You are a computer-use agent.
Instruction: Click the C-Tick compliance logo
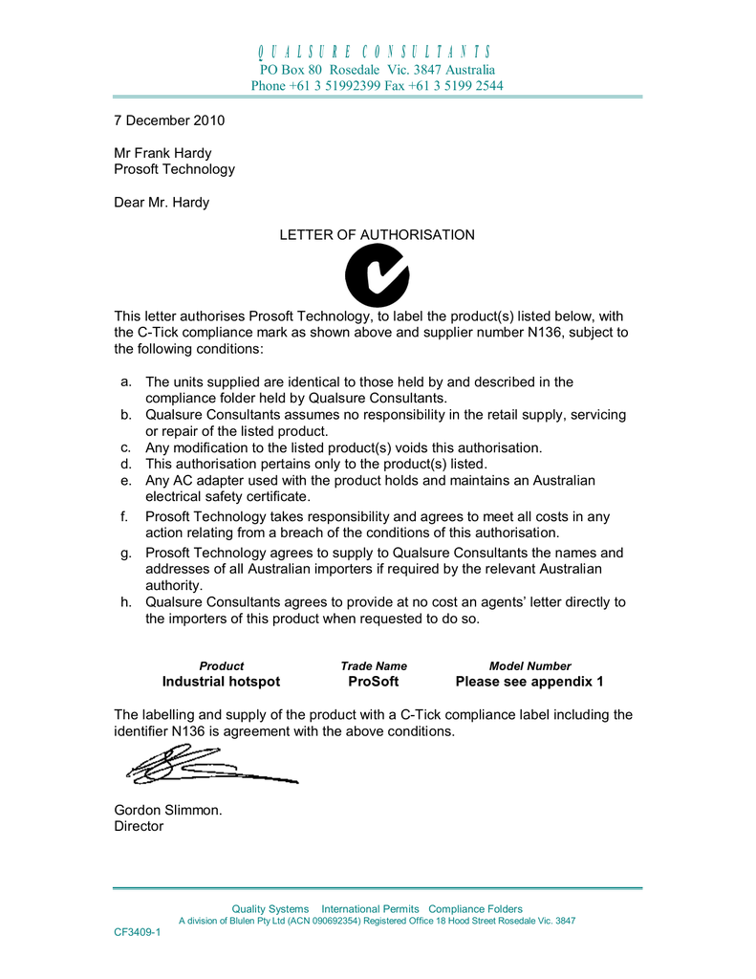point(377,275)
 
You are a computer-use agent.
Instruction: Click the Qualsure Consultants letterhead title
point(377,52)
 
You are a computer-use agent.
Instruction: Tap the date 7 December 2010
point(168,121)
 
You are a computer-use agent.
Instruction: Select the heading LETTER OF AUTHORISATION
point(377,234)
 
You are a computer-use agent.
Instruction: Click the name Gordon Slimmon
point(168,810)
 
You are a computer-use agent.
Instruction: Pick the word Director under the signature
point(139,826)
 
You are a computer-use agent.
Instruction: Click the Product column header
point(221,665)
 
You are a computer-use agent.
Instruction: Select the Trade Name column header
point(374,665)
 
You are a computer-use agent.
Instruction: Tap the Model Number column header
point(529,665)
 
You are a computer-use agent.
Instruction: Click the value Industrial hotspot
point(221,682)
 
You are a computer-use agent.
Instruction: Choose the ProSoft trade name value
point(374,682)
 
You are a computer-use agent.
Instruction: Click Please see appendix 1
point(529,682)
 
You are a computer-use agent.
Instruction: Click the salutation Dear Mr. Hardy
point(162,202)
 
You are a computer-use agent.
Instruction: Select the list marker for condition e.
point(124,480)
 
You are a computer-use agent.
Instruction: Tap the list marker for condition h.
point(124,602)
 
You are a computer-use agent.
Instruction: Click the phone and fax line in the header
point(377,86)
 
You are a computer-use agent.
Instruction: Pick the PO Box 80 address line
point(377,70)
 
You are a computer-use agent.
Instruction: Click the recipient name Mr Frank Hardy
point(162,153)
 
